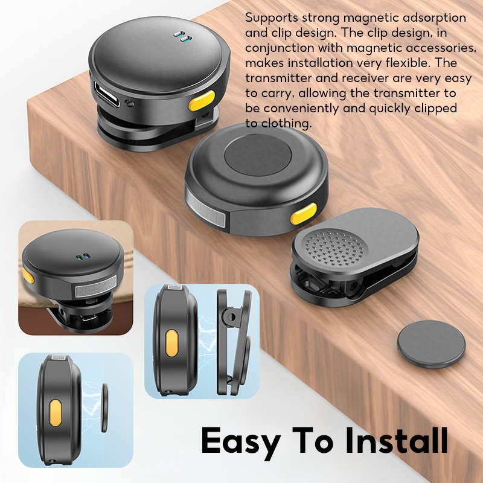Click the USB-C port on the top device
[107, 94]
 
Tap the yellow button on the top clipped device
[201, 101]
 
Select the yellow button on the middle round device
[303, 213]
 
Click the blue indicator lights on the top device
[182, 36]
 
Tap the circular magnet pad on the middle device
[258, 155]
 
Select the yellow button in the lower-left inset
[56, 413]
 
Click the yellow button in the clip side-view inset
[171, 343]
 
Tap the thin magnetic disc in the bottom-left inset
[104, 407]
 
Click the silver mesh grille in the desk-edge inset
[96, 287]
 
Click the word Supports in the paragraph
[272, 18]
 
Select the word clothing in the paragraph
[286, 124]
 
